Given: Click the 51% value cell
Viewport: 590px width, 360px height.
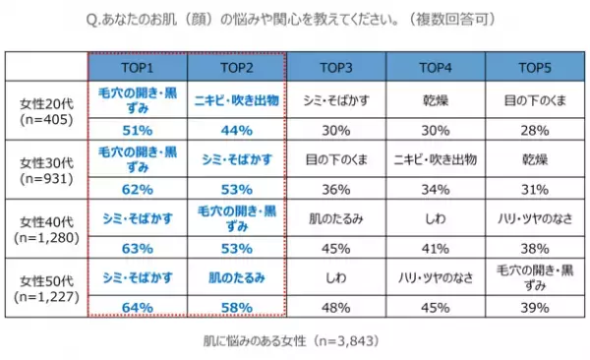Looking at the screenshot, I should pyautogui.click(x=138, y=129).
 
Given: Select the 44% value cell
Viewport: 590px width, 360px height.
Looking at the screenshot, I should pyautogui.click(x=236, y=129).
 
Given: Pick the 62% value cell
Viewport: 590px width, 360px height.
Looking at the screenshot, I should pyautogui.click(x=138, y=186).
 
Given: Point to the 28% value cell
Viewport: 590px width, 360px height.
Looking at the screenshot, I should pyautogui.click(x=534, y=129).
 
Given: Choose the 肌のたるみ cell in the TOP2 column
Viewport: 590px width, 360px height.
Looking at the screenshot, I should pyautogui.click(x=236, y=279).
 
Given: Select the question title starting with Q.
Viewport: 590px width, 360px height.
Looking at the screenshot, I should pyautogui.click(x=295, y=19).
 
